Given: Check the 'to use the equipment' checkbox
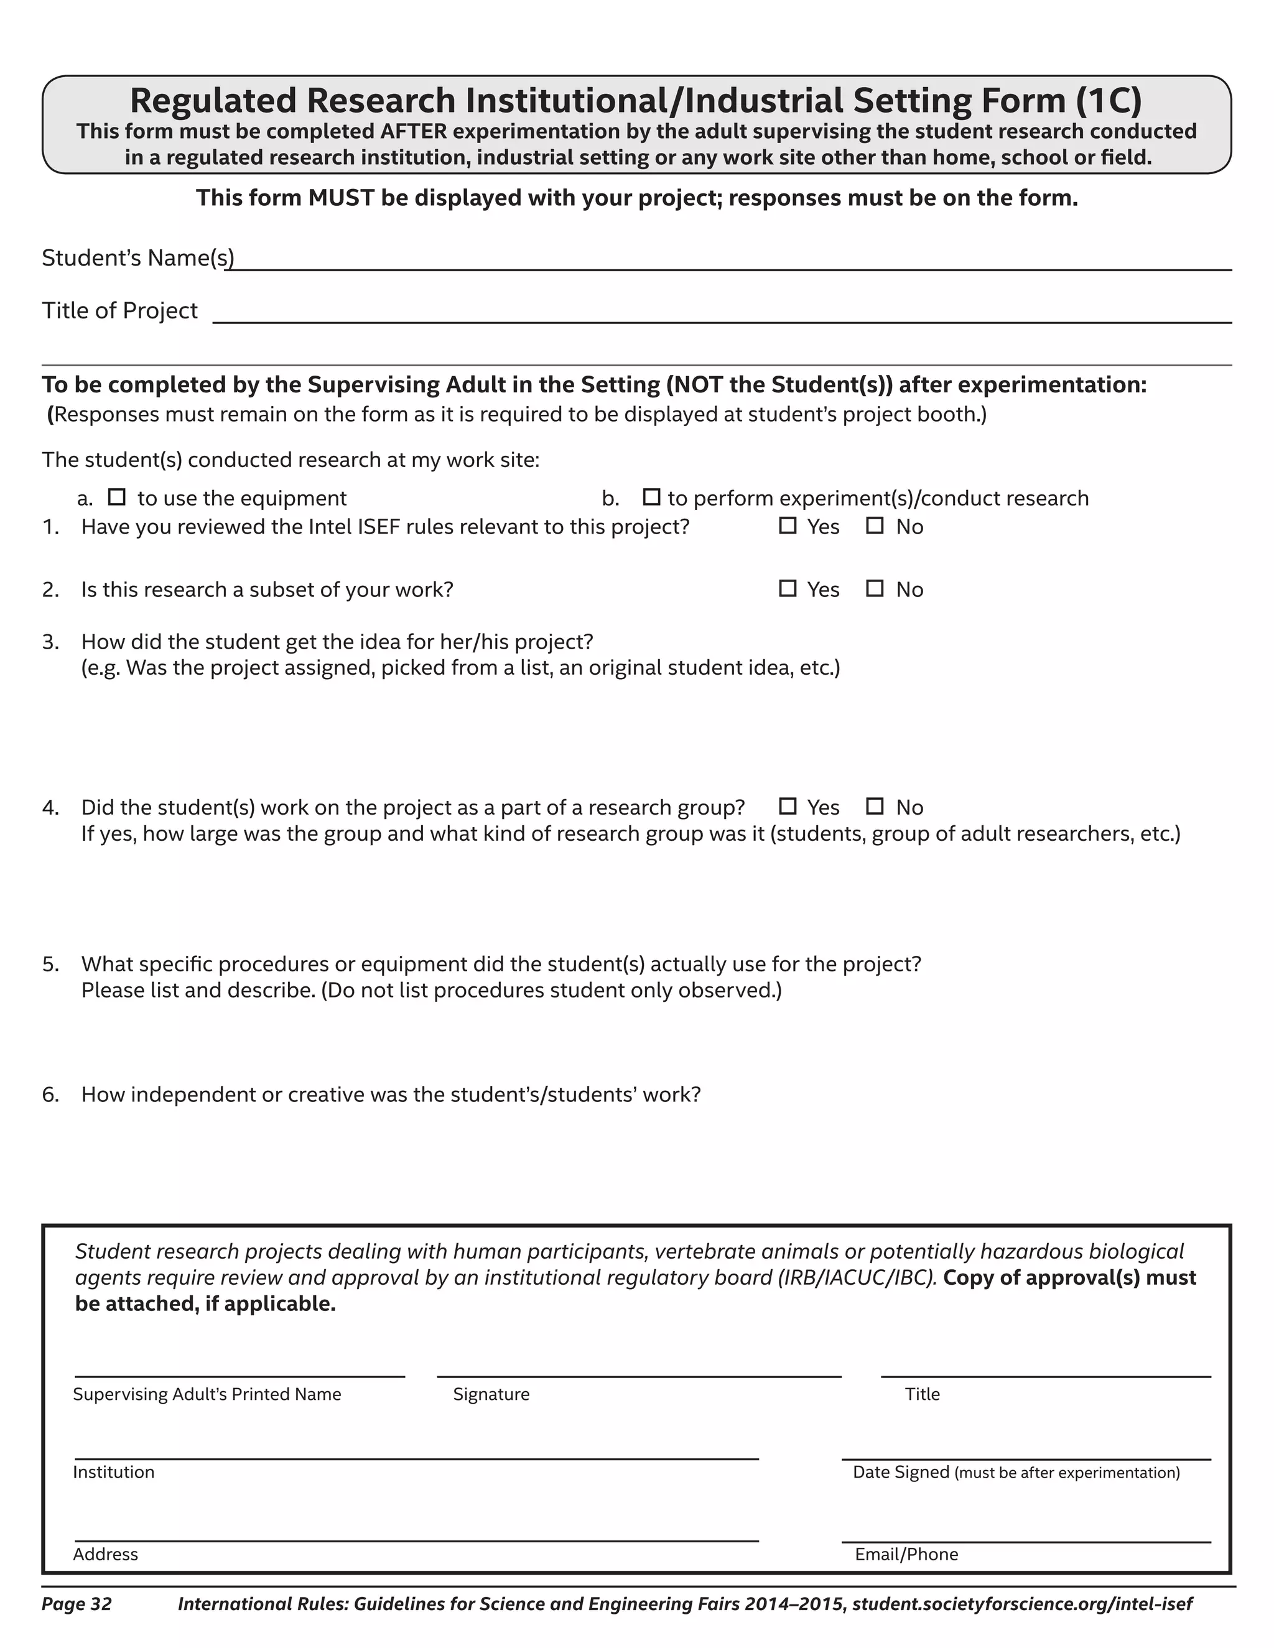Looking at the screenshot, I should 116,498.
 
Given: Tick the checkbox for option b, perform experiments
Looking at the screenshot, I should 651,498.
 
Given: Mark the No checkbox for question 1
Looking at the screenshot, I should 875,526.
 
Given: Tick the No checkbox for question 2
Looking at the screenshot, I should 875,588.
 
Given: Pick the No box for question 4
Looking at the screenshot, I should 875,807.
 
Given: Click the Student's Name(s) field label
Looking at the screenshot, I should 138,258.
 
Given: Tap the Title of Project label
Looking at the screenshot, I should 120,310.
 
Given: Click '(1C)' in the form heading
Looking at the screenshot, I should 1108,100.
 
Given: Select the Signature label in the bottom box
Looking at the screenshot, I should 491,1394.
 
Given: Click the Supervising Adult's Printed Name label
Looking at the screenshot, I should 207,1394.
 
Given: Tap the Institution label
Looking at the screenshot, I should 114,1471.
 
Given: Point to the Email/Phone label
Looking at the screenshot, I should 906,1553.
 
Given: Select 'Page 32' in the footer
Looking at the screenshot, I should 77,1603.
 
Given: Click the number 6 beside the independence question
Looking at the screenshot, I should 50,1094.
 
